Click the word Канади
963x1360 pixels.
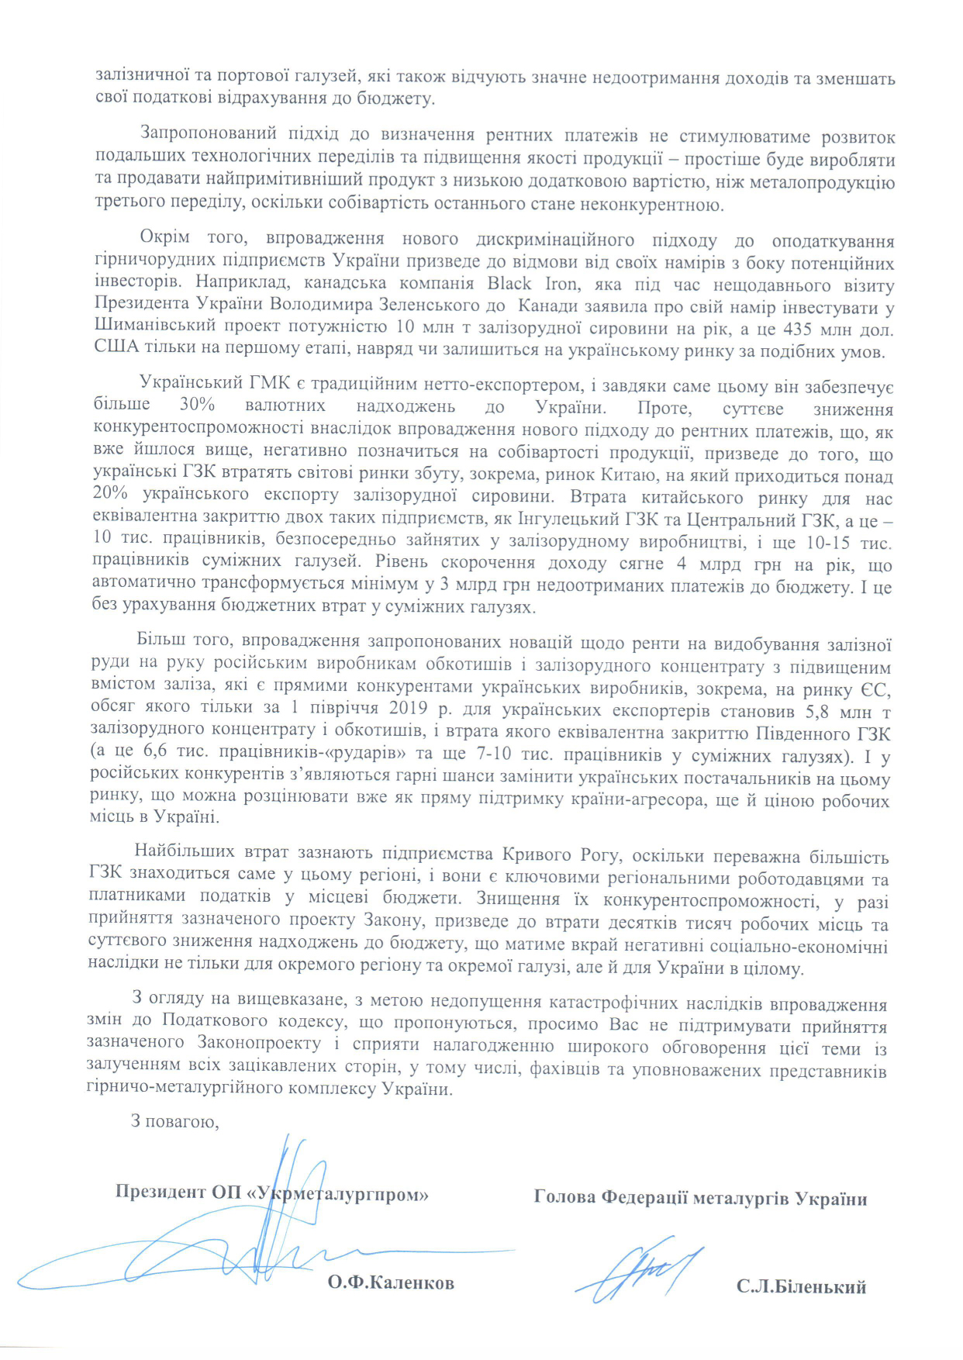pyautogui.click(x=551, y=306)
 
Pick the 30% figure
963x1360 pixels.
pyautogui.click(x=197, y=406)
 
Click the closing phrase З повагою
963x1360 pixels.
pyautogui.click(x=174, y=1121)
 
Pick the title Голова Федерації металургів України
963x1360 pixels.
pyautogui.click(x=700, y=1198)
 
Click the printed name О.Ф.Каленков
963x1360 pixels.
pyautogui.click(x=390, y=1282)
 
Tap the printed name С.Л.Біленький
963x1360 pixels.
pyautogui.click(x=801, y=1288)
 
